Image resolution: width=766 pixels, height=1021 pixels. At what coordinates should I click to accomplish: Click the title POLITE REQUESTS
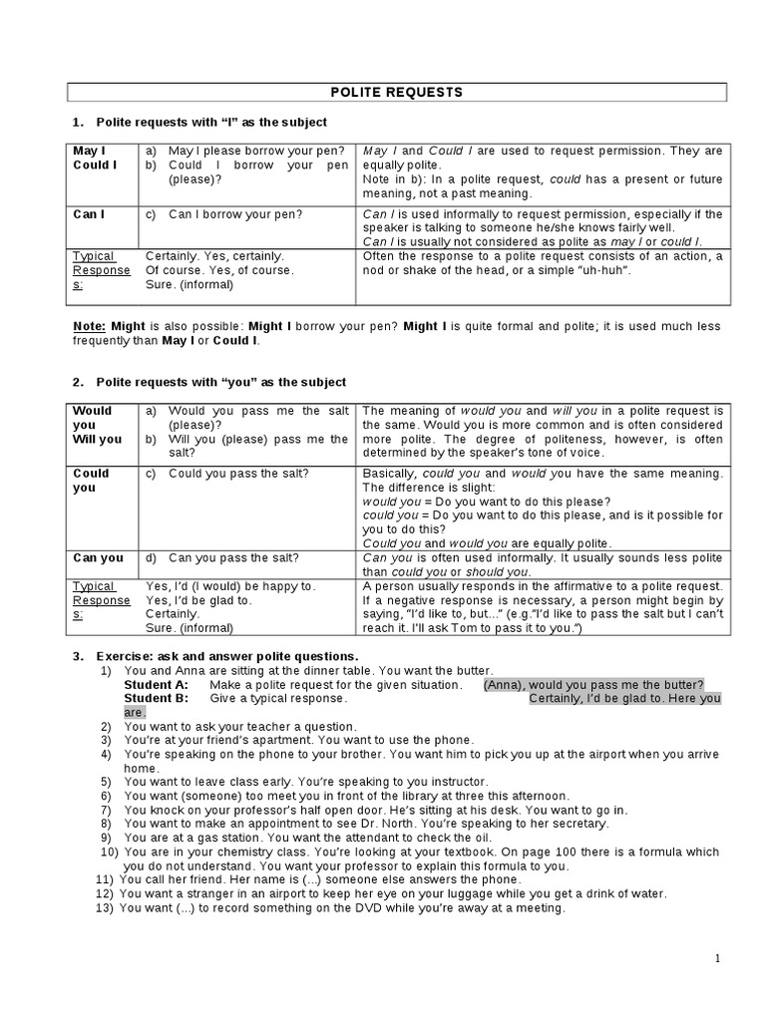click(396, 92)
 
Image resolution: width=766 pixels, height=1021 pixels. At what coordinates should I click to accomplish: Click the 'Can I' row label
click(89, 213)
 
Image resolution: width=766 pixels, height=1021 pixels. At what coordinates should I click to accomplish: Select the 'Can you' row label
click(98, 557)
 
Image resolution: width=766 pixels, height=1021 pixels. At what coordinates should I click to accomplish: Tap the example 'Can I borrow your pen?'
click(235, 213)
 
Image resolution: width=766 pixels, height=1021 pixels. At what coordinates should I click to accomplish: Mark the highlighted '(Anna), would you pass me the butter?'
click(593, 685)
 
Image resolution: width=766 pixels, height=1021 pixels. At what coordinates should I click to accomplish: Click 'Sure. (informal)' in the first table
click(189, 284)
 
